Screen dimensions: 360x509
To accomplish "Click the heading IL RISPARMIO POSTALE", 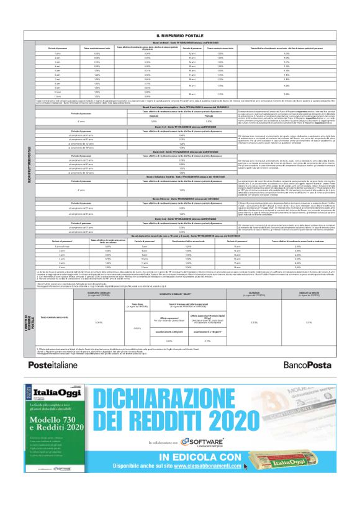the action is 179,37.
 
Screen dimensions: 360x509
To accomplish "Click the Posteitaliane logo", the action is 53,365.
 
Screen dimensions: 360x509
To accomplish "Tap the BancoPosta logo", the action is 307,365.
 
